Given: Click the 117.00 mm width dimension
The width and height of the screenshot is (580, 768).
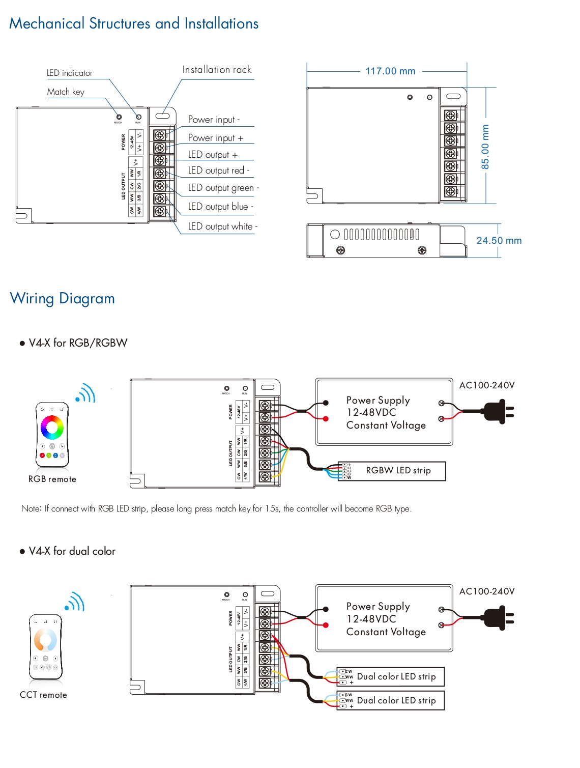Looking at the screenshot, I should [390, 71].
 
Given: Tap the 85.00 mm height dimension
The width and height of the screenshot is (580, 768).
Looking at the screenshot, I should [485, 147].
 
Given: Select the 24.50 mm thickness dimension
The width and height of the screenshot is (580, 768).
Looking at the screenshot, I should [499, 241].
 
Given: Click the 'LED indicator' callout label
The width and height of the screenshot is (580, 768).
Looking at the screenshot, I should [70, 73].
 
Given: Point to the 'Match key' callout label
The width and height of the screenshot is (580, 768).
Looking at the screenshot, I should [66, 92].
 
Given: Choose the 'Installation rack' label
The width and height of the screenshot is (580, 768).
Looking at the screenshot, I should [217, 70].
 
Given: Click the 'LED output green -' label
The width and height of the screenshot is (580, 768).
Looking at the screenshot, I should [223, 188].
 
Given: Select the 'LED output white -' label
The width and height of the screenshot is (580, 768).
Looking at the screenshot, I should [222, 226].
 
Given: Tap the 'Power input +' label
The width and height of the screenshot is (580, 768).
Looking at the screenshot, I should [216, 138].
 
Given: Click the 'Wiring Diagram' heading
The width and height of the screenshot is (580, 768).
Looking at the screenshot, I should [63, 298].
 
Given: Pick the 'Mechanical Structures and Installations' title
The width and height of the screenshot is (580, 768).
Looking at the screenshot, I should [134, 23].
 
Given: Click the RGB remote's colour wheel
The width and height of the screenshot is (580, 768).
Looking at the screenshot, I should [52, 427].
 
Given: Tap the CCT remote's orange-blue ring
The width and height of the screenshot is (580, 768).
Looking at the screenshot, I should [46, 639].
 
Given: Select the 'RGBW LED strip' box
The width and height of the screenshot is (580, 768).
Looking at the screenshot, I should [392, 471].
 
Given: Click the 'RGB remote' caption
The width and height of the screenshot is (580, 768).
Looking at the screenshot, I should [52, 479].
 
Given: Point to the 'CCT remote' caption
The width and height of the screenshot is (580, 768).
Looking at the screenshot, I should [43, 695].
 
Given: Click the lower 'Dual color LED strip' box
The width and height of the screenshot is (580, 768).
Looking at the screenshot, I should [390, 700].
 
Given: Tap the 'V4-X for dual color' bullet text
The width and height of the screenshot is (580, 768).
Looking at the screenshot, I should [72, 551].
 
